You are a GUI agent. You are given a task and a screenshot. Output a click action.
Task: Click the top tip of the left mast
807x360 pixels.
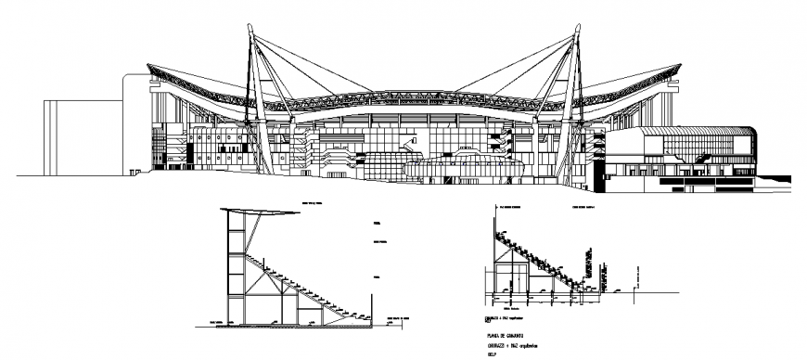[248, 25]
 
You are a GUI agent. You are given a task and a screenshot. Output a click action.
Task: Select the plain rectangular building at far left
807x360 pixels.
[81, 136]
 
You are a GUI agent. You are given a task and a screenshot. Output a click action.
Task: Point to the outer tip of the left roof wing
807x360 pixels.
[149, 65]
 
